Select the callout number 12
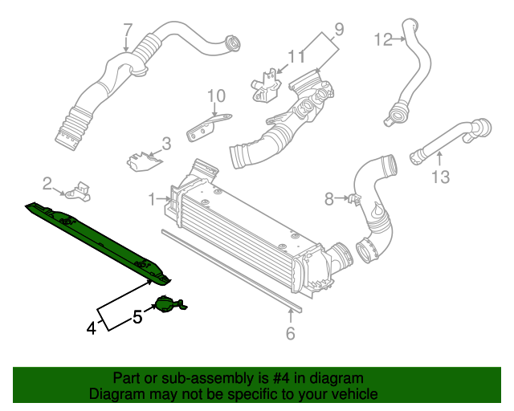[x=383, y=38]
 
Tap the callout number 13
[x=441, y=176]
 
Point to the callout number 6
[x=291, y=333]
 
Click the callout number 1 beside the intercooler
[x=153, y=197]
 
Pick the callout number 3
[x=166, y=144]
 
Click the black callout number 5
[x=137, y=317]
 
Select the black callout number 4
[x=92, y=328]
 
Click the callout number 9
[x=338, y=30]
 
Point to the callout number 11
[x=296, y=56]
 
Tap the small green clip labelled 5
[x=169, y=304]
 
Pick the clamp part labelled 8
[x=352, y=198]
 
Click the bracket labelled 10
[x=207, y=125]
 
